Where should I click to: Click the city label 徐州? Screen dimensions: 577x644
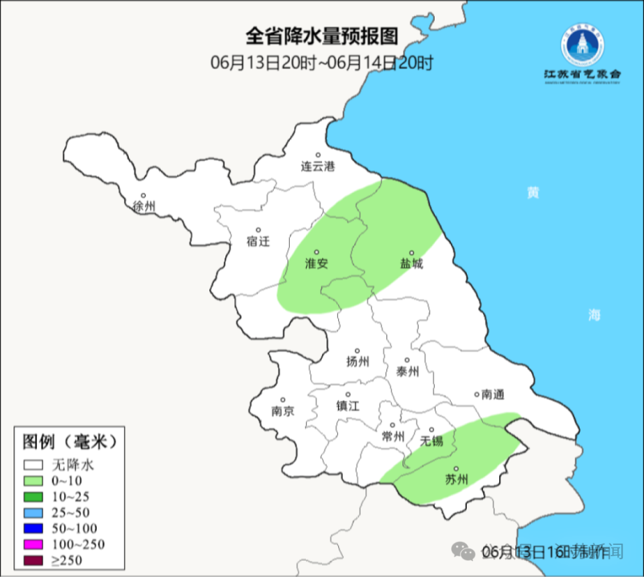click(144, 206)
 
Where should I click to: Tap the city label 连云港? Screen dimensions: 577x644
click(317, 166)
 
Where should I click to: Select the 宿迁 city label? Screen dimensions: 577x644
click(258, 241)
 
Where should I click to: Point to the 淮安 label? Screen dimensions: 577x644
click(317, 263)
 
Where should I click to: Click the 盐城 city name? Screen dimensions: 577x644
click(412, 264)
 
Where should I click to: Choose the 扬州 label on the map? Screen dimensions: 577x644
click(358, 362)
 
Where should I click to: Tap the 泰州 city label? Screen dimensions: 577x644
click(407, 371)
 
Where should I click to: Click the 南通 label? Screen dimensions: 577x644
click(492, 395)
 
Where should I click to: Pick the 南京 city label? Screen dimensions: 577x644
click(282, 411)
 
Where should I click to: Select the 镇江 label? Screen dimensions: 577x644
click(347, 405)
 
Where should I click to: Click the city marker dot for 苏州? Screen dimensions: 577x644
click(456, 469)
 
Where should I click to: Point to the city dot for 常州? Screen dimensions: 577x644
click(392, 425)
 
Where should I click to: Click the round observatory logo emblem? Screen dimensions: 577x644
click(582, 44)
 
